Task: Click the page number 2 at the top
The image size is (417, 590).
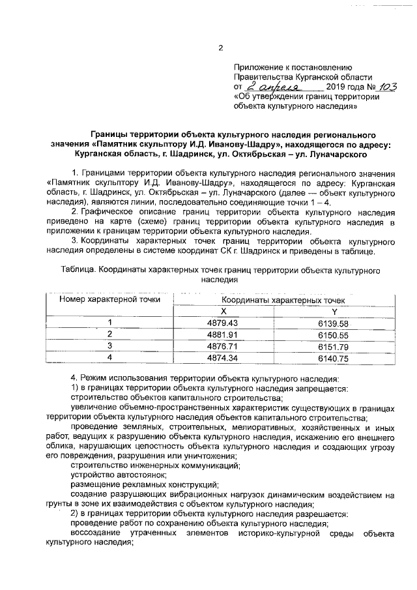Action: [x=220, y=48]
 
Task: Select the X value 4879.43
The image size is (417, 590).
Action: [x=223, y=323]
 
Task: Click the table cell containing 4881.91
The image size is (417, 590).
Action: [x=223, y=334]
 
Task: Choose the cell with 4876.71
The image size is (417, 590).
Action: [x=223, y=346]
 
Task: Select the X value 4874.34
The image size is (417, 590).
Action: [x=223, y=357]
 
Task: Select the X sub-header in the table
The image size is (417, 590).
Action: [x=223, y=312]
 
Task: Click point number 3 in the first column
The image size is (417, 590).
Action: [x=109, y=346]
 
